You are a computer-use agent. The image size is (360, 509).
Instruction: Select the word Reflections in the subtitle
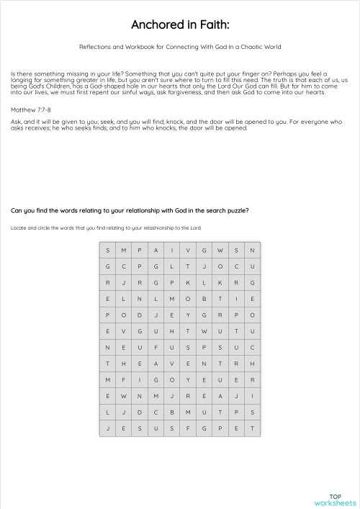click(96, 47)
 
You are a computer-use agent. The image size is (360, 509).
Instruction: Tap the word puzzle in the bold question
click(235, 211)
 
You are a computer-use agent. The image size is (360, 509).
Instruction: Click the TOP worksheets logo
click(334, 500)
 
